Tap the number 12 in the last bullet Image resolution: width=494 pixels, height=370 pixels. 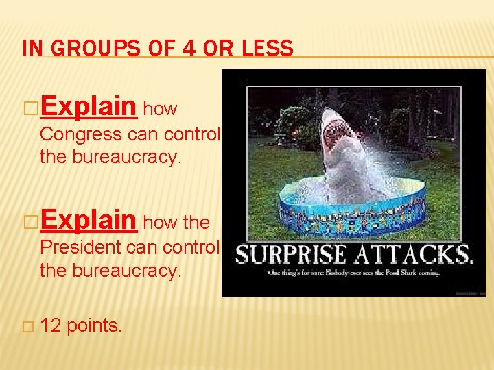coord(51,325)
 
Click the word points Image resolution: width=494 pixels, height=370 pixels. coord(95,326)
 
